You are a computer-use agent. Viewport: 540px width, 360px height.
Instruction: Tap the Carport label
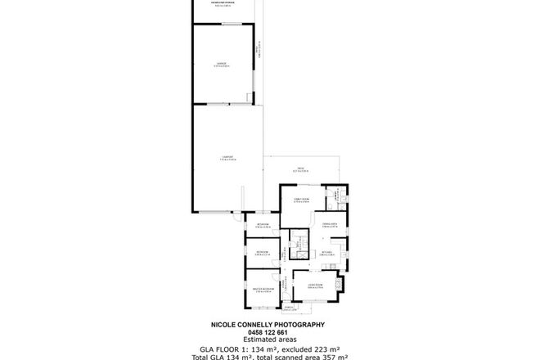[228, 158]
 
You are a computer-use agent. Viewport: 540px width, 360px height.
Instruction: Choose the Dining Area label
[330, 224]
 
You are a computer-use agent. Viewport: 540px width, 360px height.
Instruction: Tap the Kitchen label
[325, 254]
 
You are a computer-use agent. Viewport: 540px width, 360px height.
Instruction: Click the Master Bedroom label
[263, 290]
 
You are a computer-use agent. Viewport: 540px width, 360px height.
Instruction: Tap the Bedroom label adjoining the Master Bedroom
[263, 253]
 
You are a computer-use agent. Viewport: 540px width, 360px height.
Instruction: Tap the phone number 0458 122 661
[269, 332]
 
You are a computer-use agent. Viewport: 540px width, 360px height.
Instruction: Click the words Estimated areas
[269, 339]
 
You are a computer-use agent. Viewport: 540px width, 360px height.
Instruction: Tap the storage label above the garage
[223, 3]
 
